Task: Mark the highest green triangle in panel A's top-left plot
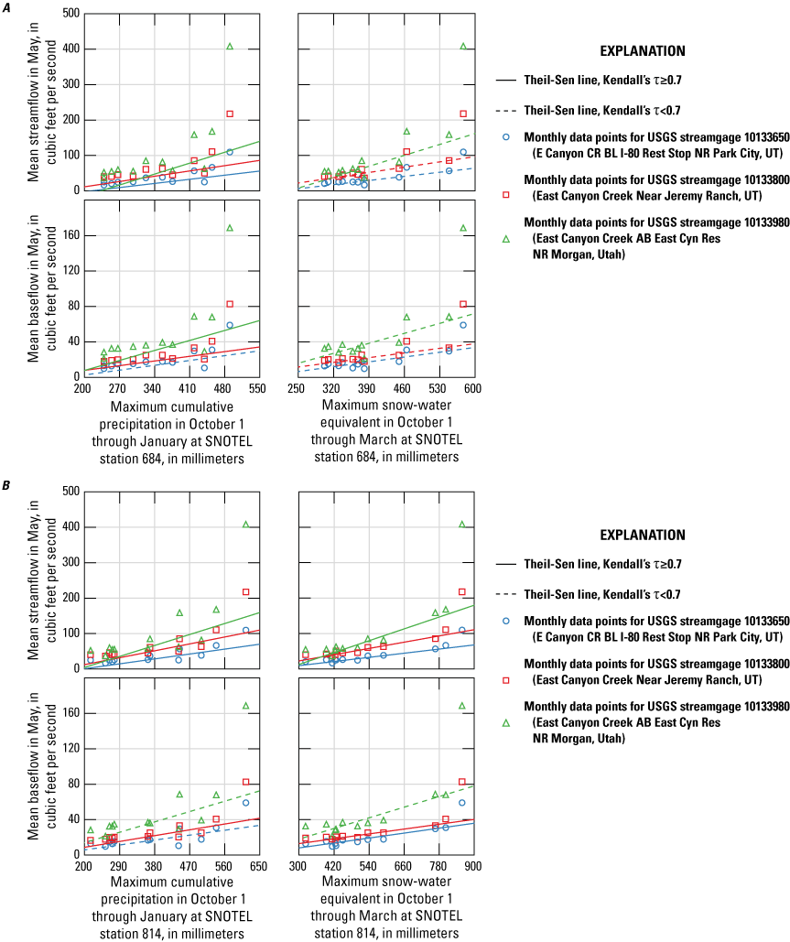coord(230,46)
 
